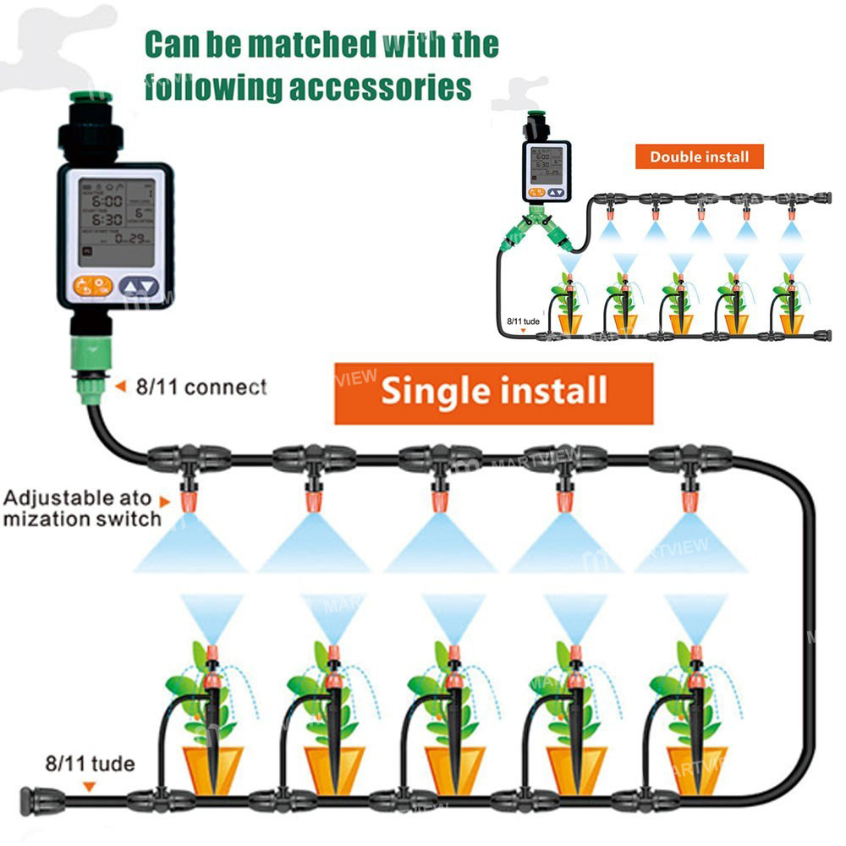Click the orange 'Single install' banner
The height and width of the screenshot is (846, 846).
point(494,393)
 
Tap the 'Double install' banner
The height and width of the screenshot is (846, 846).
point(699,157)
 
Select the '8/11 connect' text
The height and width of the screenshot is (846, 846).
point(200,387)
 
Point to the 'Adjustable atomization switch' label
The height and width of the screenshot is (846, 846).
point(81,508)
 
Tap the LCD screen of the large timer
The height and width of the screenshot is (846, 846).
point(114,217)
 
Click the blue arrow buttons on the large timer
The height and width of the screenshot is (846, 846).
point(139,287)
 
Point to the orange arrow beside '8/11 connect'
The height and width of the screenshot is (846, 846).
point(120,387)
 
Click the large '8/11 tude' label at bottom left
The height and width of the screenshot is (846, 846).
point(90,764)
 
